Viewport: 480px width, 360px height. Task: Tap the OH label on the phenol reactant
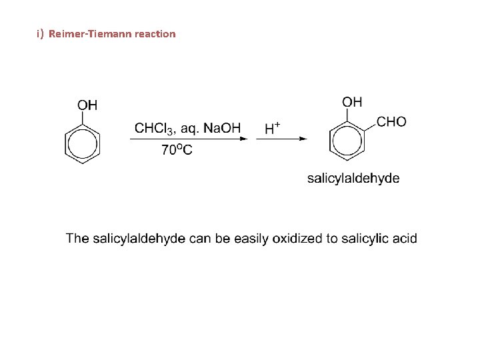[87, 105]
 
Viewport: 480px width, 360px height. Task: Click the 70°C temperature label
[177, 150]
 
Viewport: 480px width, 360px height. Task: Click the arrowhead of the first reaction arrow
[244, 139]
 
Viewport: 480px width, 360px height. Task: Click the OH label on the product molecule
[352, 102]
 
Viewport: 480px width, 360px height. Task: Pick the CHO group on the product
[391, 122]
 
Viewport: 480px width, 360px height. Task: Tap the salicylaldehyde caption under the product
[353, 178]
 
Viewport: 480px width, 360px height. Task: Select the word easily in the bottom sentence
[252, 239]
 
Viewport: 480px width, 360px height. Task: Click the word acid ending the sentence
[406, 239]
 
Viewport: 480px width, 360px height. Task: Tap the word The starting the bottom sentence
[77, 239]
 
